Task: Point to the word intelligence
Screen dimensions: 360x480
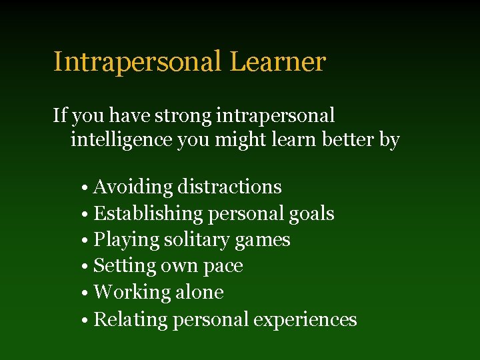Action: pos(121,141)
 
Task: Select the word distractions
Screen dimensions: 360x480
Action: pos(229,187)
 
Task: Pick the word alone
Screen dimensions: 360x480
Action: pos(200,292)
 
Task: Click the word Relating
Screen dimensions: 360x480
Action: pos(131,319)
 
